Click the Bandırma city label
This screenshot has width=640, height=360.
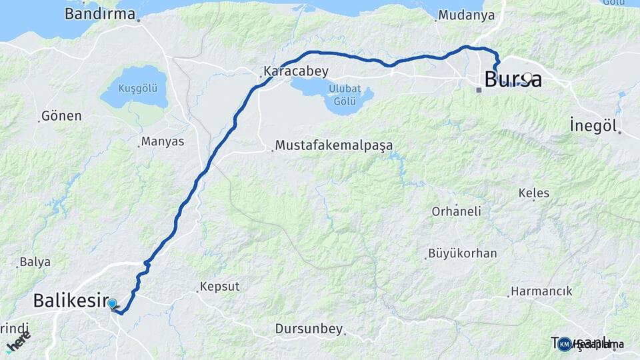point(100,14)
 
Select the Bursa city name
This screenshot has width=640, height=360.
point(513,79)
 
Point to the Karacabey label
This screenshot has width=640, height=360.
point(296,71)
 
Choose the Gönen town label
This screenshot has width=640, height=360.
point(61,116)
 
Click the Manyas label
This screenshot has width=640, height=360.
point(163,141)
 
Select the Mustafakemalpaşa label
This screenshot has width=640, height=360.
point(334,145)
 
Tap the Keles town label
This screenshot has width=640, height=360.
point(534,193)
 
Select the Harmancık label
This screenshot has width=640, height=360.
point(541,291)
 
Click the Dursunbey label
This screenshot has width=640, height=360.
point(309,329)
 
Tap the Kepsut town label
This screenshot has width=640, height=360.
point(221,286)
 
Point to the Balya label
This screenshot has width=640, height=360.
point(35,262)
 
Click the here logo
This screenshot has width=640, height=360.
point(18,343)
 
